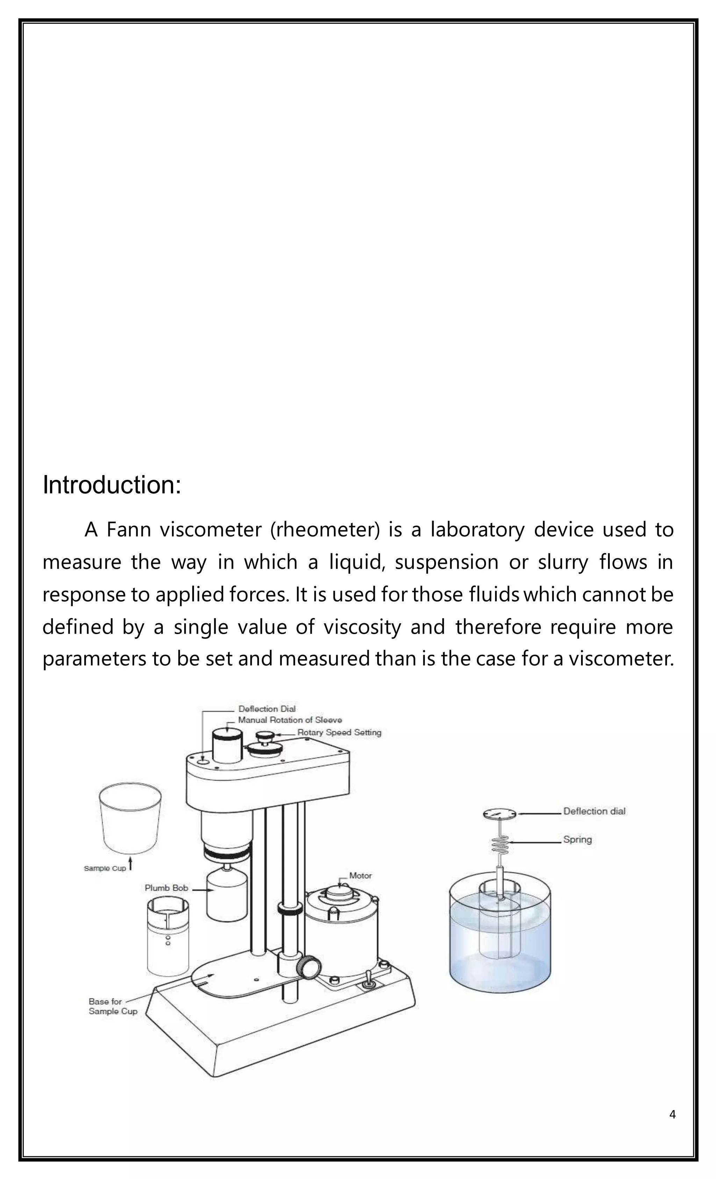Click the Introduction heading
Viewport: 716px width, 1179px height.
click(x=112, y=485)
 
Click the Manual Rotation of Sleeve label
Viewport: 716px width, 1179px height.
click(x=290, y=720)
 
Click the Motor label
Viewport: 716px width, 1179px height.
click(x=360, y=876)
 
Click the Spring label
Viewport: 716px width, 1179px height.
click(x=577, y=839)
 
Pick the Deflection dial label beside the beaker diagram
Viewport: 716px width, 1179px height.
click(x=594, y=811)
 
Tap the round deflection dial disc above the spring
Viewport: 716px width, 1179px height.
click(x=500, y=813)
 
